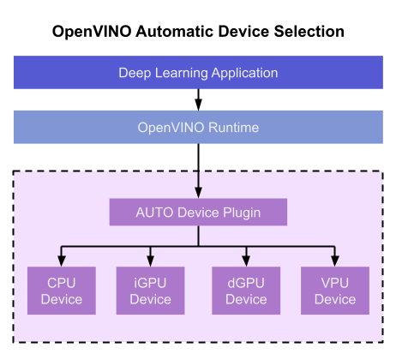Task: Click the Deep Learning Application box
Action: point(198,72)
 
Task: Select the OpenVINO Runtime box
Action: point(198,127)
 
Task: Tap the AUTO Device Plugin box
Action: point(198,212)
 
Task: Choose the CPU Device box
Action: point(62,291)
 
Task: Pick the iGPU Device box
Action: point(150,291)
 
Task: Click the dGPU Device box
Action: point(246,291)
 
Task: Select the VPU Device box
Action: point(335,291)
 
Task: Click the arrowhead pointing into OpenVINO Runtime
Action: point(198,105)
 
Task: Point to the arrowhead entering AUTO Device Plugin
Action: point(198,193)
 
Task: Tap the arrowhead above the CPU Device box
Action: point(62,261)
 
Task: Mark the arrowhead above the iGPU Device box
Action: point(150,261)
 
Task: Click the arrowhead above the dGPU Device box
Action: point(246,261)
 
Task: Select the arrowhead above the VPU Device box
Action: point(335,261)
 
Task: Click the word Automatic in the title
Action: point(175,32)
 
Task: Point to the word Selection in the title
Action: point(309,32)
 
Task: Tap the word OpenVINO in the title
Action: point(92,32)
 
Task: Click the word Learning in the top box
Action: point(181,73)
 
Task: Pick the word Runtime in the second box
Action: point(233,128)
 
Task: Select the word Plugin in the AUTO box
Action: point(242,213)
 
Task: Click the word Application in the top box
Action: point(244,73)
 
